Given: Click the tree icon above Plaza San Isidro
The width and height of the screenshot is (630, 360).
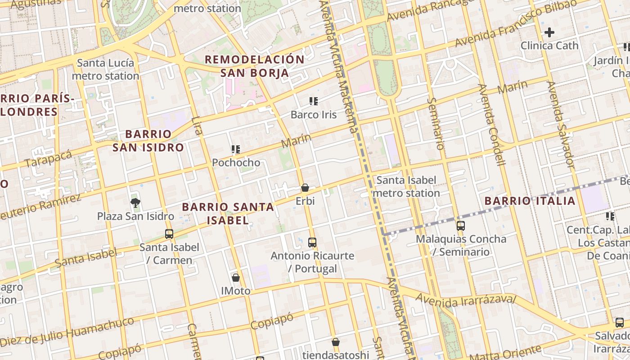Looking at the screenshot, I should tap(135, 203).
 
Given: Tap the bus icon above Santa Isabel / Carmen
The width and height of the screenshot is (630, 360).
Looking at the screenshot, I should tap(169, 234).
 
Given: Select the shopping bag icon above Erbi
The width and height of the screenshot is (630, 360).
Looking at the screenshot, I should tap(305, 188).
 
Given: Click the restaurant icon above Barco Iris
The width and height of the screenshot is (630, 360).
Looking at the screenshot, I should tap(314, 101).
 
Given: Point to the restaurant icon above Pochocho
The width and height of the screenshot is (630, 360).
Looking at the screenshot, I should tap(236, 149).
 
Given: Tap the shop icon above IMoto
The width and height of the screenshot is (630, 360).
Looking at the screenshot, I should tap(235, 278).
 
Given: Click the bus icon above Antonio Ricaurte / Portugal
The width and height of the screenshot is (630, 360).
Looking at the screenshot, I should tap(312, 243).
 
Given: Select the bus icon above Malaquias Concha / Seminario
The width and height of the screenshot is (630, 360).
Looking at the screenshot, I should tap(461, 226).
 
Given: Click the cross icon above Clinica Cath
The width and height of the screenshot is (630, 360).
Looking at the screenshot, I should tap(549, 32).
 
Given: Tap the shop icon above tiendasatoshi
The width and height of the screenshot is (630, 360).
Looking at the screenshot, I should tap(335, 342).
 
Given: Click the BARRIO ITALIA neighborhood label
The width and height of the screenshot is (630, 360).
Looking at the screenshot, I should tap(530, 201).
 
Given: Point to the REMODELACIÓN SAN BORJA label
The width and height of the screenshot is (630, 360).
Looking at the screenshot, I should tap(255, 66).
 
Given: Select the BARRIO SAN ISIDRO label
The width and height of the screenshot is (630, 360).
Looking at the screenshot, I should tap(148, 140).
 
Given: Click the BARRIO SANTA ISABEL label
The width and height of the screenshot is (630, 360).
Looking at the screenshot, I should tap(228, 213).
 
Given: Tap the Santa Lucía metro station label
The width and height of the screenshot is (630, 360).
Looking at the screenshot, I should tap(105, 69).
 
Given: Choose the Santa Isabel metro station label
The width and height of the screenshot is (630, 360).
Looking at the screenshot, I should tap(406, 187).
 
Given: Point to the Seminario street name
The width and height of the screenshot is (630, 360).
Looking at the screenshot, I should tap(436, 124).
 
